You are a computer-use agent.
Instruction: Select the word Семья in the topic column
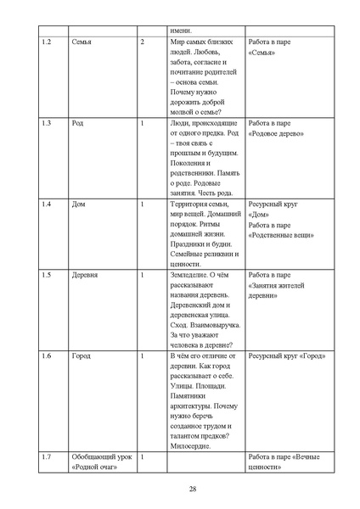coord(83,41)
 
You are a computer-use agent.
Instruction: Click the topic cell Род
coord(78,123)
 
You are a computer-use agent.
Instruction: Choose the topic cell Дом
coord(79,205)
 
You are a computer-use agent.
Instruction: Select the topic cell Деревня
coord(86,276)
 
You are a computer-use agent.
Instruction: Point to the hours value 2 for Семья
coord(143,41)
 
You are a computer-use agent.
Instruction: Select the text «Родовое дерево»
coord(277,134)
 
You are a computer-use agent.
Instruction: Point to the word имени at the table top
coord(180,30)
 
